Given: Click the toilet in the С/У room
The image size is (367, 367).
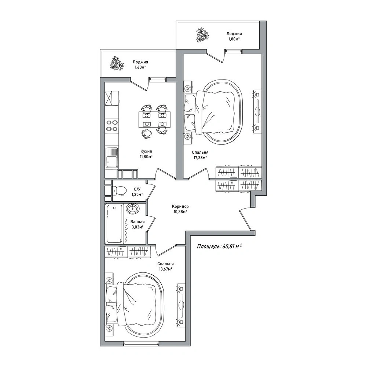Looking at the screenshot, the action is [119, 191].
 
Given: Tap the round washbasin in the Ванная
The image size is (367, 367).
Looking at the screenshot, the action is [132, 209].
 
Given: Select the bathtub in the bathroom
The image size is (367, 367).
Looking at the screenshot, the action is [115, 224].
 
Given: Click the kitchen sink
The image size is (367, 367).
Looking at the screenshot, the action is [112, 158].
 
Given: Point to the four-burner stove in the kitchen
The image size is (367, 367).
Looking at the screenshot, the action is [112, 125].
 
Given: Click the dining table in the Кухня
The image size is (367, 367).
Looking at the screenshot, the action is [154, 120].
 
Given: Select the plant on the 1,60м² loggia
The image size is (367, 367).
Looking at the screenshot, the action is [117, 63].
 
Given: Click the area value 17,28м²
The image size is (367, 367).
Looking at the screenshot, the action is [200, 158].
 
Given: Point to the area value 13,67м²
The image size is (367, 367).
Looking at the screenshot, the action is [165, 269].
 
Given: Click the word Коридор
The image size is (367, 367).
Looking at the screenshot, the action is [180, 207].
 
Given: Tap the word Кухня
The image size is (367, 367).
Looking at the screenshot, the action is [146, 151].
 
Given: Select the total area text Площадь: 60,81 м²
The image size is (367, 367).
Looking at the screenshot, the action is [219, 246].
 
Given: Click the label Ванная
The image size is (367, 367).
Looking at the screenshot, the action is [137, 222].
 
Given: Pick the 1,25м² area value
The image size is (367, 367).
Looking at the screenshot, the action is [137, 194].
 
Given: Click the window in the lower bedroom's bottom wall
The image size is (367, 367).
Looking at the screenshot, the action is [141, 344].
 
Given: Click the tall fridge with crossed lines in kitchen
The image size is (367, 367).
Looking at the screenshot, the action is [112, 98].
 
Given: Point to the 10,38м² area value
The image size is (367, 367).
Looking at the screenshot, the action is [180, 212].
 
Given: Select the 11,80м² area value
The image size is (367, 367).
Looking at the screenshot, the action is [146, 157].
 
